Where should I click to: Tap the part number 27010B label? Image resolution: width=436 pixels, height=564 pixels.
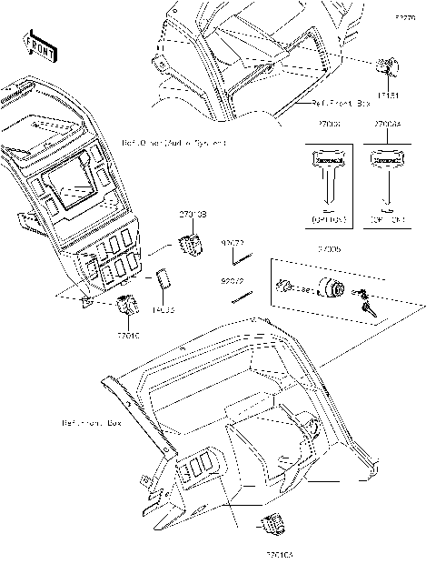[193, 214]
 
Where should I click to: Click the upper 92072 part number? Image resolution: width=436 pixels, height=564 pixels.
[233, 243]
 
